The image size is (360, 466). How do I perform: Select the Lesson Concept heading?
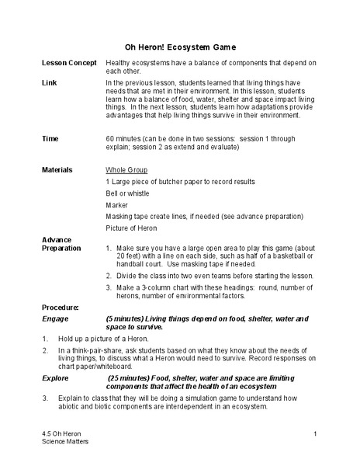coord(69,62)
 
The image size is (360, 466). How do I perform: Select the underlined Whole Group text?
coord(127,169)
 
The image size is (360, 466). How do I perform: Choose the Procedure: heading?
coord(61,308)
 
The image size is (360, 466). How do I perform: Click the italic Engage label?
coord(55,318)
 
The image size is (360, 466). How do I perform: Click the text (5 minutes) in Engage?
coord(129,318)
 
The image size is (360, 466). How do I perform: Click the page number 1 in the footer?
coord(317,433)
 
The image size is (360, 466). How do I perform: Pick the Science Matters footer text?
coord(67,441)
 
